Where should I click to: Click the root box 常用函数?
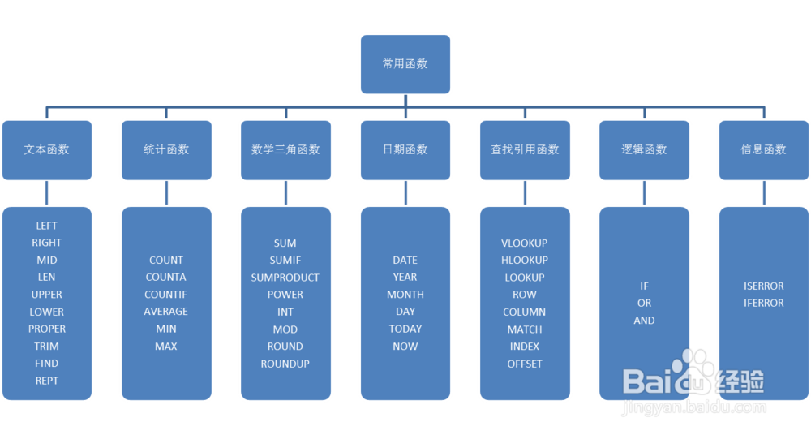pos(405,63)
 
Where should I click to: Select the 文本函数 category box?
pos(46,149)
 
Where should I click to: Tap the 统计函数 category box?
pos(166,149)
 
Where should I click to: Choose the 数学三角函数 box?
pos(285,149)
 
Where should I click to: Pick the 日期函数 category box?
pos(405,149)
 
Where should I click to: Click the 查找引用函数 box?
pos(525,149)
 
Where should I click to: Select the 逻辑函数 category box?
pos(644,149)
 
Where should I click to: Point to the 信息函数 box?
pos(763,149)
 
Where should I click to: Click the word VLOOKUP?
pos(525,243)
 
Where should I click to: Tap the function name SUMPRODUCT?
pos(285,278)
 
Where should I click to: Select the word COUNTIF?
pos(166,295)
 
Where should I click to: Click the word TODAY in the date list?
pos(405,329)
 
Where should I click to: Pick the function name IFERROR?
pos(763,303)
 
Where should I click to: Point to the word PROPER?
pos(47,329)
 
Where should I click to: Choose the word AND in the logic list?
pos(644,321)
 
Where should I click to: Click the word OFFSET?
pos(525,364)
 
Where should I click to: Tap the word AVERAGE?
pos(166,312)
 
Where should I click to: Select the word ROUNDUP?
pos(285,364)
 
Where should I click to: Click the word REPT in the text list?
pos(47,381)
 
